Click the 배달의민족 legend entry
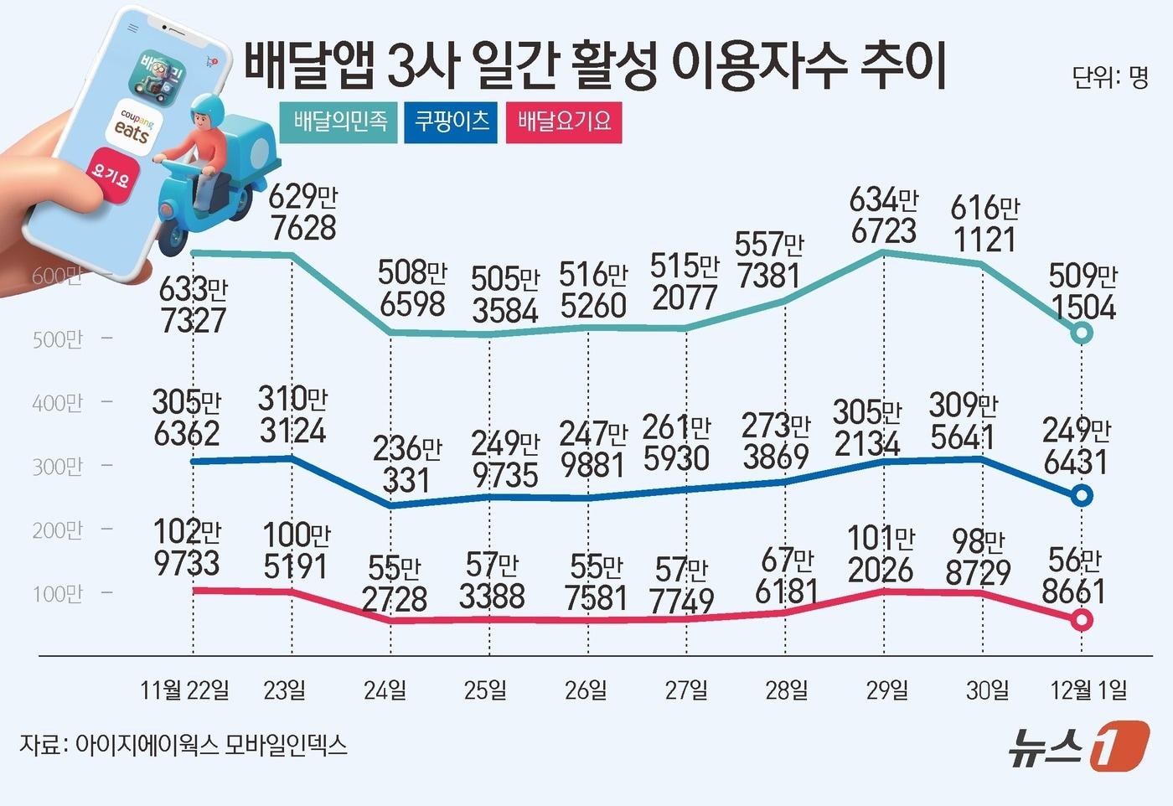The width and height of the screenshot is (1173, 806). [338, 122]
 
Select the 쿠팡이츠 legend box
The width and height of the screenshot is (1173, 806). [451, 122]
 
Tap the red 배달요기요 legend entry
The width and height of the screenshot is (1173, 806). [564, 122]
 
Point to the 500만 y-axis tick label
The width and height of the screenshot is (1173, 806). [58, 339]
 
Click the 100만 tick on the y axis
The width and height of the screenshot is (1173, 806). [58, 593]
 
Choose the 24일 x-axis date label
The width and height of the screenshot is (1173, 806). [385, 690]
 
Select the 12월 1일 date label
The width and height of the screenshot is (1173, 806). [1088, 690]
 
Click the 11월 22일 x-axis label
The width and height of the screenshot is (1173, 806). [184, 690]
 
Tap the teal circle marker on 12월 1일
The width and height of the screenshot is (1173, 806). [1082, 333]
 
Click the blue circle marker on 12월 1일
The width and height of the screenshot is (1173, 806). [1082, 496]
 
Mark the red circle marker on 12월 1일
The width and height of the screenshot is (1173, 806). [1082, 620]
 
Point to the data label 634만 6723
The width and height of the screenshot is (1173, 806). [883, 215]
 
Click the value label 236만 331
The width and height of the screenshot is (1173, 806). [406, 464]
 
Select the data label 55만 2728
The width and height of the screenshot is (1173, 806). [394, 584]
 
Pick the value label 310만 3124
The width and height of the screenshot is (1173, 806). [292, 415]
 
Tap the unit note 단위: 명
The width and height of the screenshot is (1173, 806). [1109, 77]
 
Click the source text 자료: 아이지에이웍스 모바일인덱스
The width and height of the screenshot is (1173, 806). [183, 745]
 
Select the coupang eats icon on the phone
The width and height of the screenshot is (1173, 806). [133, 127]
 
